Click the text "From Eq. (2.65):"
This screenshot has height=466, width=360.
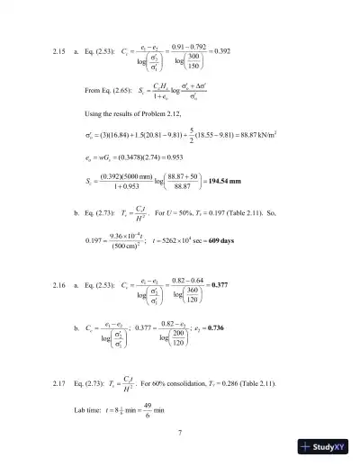[x=106, y=92]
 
